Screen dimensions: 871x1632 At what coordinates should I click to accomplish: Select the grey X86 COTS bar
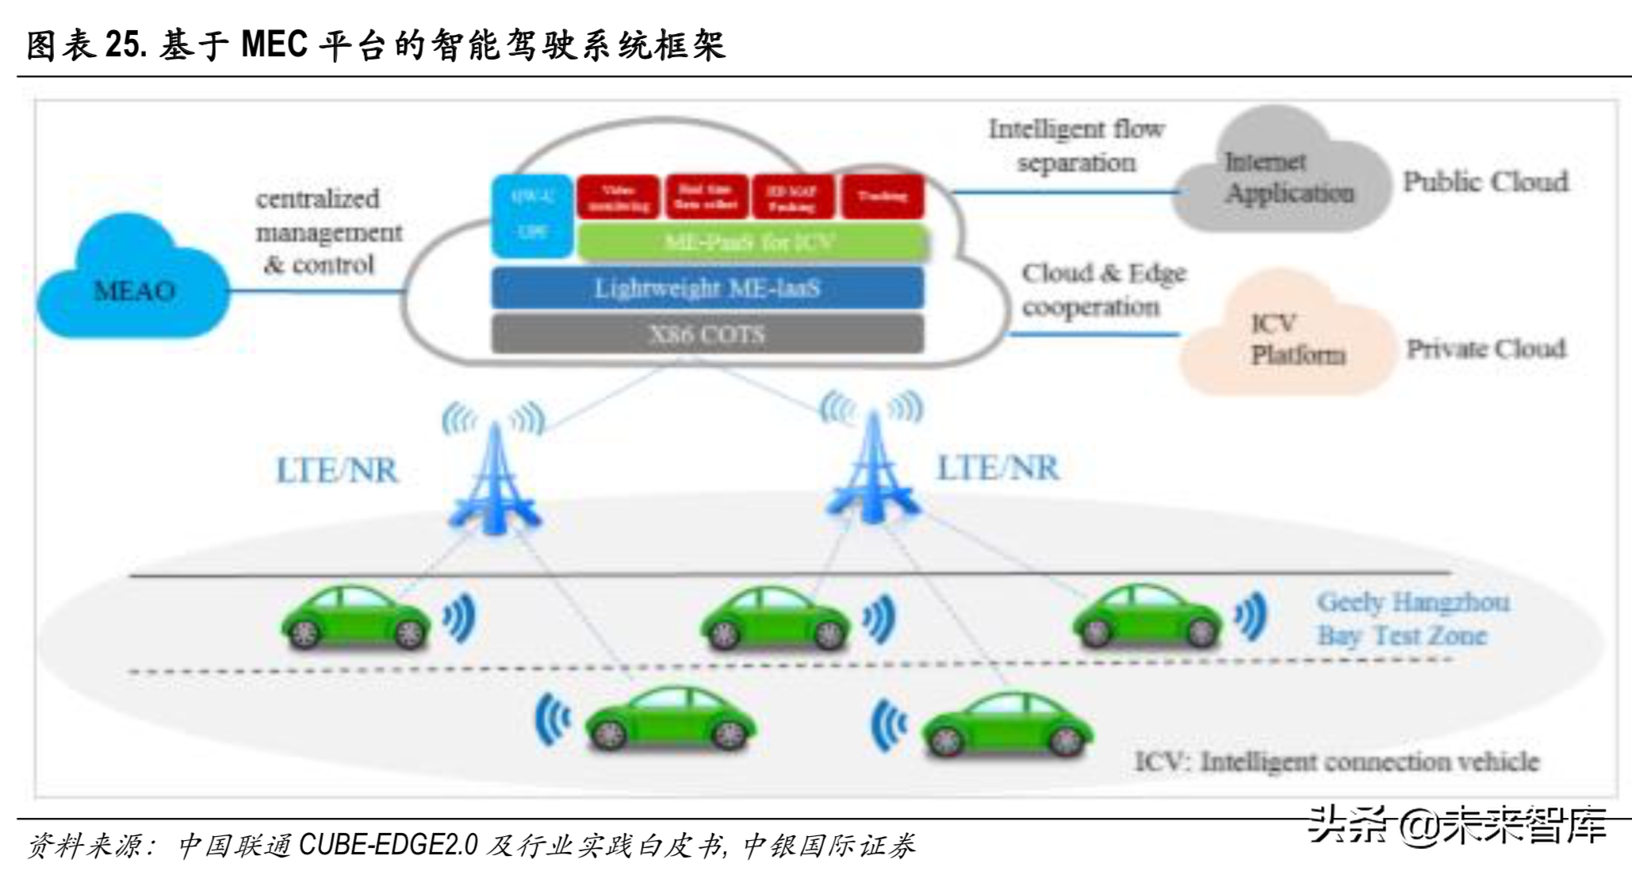tap(707, 334)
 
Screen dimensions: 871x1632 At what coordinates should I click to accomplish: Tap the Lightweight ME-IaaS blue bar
tap(707, 288)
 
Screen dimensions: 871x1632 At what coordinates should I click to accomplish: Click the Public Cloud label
tap(1485, 182)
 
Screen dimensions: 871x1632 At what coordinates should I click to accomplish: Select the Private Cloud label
tap(1485, 348)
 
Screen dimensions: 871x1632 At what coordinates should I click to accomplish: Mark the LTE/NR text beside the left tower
tap(337, 470)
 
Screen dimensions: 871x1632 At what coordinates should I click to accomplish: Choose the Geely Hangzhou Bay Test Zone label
tap(1412, 619)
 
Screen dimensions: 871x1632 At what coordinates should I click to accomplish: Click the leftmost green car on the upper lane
tap(355, 619)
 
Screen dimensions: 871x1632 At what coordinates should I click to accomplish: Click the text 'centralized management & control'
tap(327, 232)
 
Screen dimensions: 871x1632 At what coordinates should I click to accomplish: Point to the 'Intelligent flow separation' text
tap(1076, 145)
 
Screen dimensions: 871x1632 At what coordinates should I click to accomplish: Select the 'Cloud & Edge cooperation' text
tap(1102, 290)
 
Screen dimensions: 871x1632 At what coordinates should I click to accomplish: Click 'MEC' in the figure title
tap(274, 44)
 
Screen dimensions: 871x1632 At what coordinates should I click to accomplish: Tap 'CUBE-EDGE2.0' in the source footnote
tap(388, 845)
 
